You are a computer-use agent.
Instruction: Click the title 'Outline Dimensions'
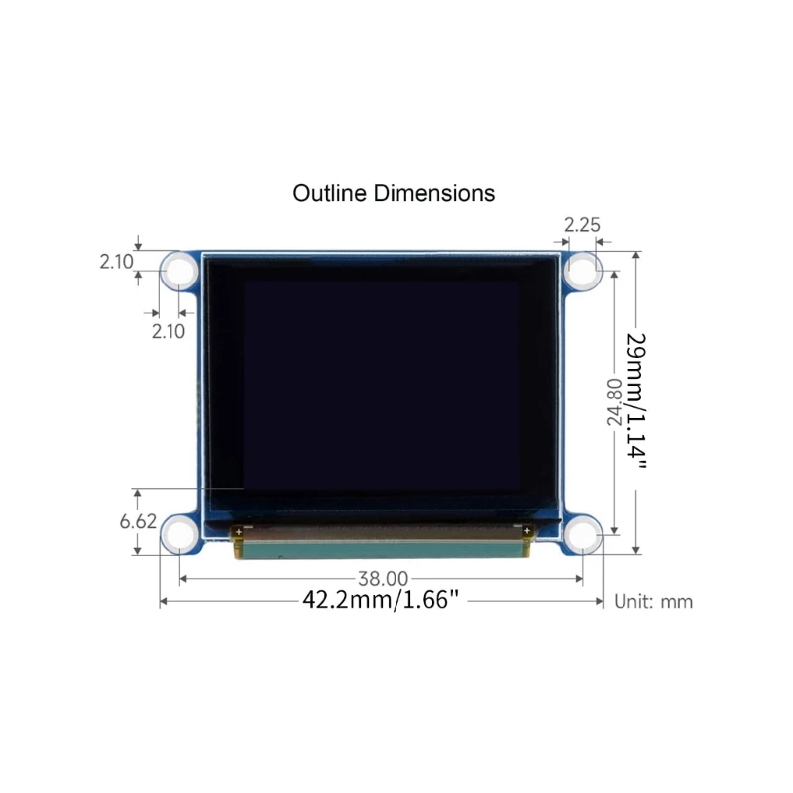[x=394, y=193]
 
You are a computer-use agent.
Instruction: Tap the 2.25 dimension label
[x=582, y=224]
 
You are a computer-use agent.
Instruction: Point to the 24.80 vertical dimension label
[x=614, y=401]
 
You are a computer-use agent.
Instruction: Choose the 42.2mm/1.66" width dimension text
[x=382, y=600]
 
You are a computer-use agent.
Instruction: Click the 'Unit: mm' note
[x=653, y=601]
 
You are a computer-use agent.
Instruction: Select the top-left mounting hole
[x=180, y=270]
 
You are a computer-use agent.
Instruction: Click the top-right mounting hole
[x=583, y=270]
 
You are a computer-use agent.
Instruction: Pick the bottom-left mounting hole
[x=180, y=536]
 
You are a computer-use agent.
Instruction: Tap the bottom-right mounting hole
[x=583, y=536]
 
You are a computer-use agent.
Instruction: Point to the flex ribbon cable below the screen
[x=382, y=542]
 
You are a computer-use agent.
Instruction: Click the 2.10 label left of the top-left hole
[x=116, y=262]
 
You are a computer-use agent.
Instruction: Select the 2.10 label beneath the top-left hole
[x=168, y=332]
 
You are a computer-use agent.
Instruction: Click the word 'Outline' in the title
[x=329, y=193]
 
